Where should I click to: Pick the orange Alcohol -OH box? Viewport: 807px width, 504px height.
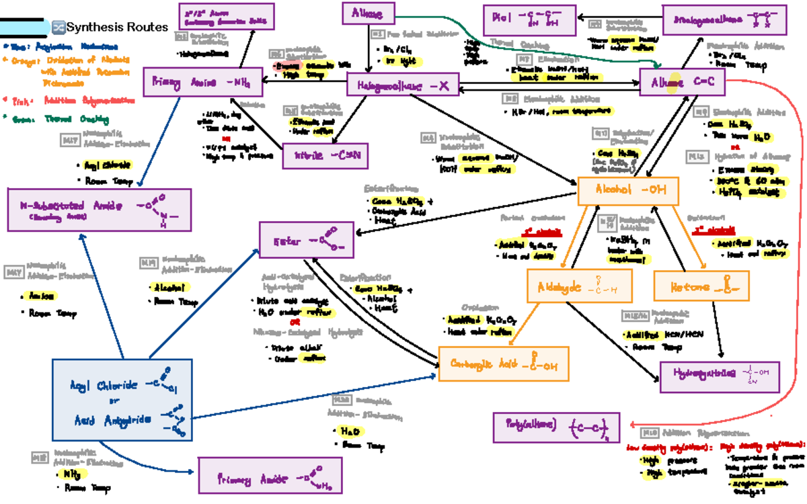click(x=628, y=191)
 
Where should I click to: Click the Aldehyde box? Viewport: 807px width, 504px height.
click(x=578, y=286)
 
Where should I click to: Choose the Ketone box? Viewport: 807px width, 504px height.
click(x=700, y=286)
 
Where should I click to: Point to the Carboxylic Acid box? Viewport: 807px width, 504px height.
click(x=503, y=366)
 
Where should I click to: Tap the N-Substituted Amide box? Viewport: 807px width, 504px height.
click(x=99, y=208)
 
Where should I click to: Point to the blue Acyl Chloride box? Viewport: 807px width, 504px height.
click(x=121, y=401)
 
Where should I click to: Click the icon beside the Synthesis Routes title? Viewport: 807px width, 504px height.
click(x=59, y=28)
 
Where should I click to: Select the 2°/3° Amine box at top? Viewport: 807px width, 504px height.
click(x=226, y=16)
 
